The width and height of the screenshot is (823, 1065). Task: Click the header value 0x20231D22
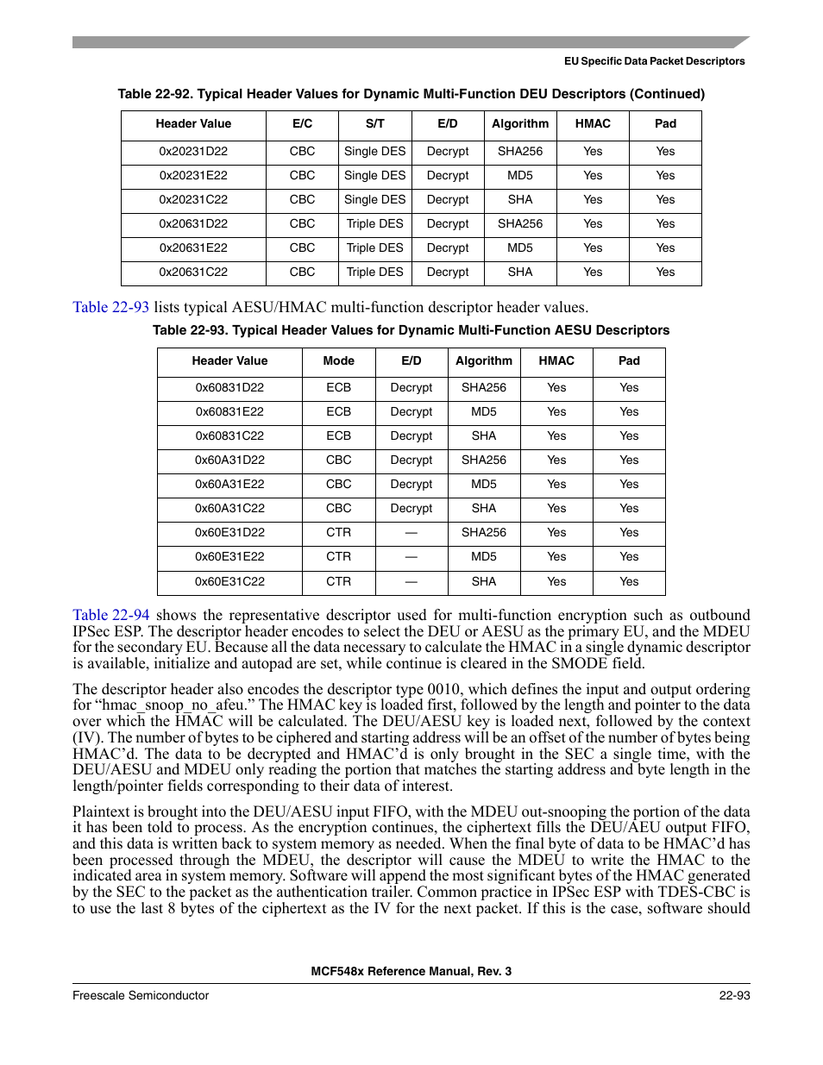pos(193,151)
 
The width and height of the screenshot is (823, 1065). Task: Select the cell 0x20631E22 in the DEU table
pos(193,247)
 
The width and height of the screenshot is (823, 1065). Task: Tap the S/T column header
pos(374,123)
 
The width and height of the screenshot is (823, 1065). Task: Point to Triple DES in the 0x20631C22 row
pos(374,272)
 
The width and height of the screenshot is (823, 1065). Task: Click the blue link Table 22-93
pos(110,307)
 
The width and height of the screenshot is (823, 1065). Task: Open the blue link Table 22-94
pos(110,615)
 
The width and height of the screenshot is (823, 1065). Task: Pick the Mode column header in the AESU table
pos(338,360)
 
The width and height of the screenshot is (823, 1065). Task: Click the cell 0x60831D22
pos(229,387)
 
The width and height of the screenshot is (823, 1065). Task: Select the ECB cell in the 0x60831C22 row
pos(338,435)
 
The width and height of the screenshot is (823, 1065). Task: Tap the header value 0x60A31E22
pos(229,484)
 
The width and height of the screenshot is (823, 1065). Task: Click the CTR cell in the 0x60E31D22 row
pos(338,532)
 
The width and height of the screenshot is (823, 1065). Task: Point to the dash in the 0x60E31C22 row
pos(411,581)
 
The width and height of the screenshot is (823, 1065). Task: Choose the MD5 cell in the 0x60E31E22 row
pos(484,556)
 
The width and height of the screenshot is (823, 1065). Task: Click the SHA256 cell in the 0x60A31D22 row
pos(484,460)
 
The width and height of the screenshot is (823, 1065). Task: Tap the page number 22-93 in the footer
pos(734,995)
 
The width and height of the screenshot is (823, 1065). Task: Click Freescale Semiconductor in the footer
pos(141,995)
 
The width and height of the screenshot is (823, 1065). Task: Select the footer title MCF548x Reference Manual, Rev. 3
pos(411,971)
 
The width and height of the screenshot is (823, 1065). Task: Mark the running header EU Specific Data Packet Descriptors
pos(654,61)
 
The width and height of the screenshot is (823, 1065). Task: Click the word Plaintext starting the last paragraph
pos(108,811)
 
